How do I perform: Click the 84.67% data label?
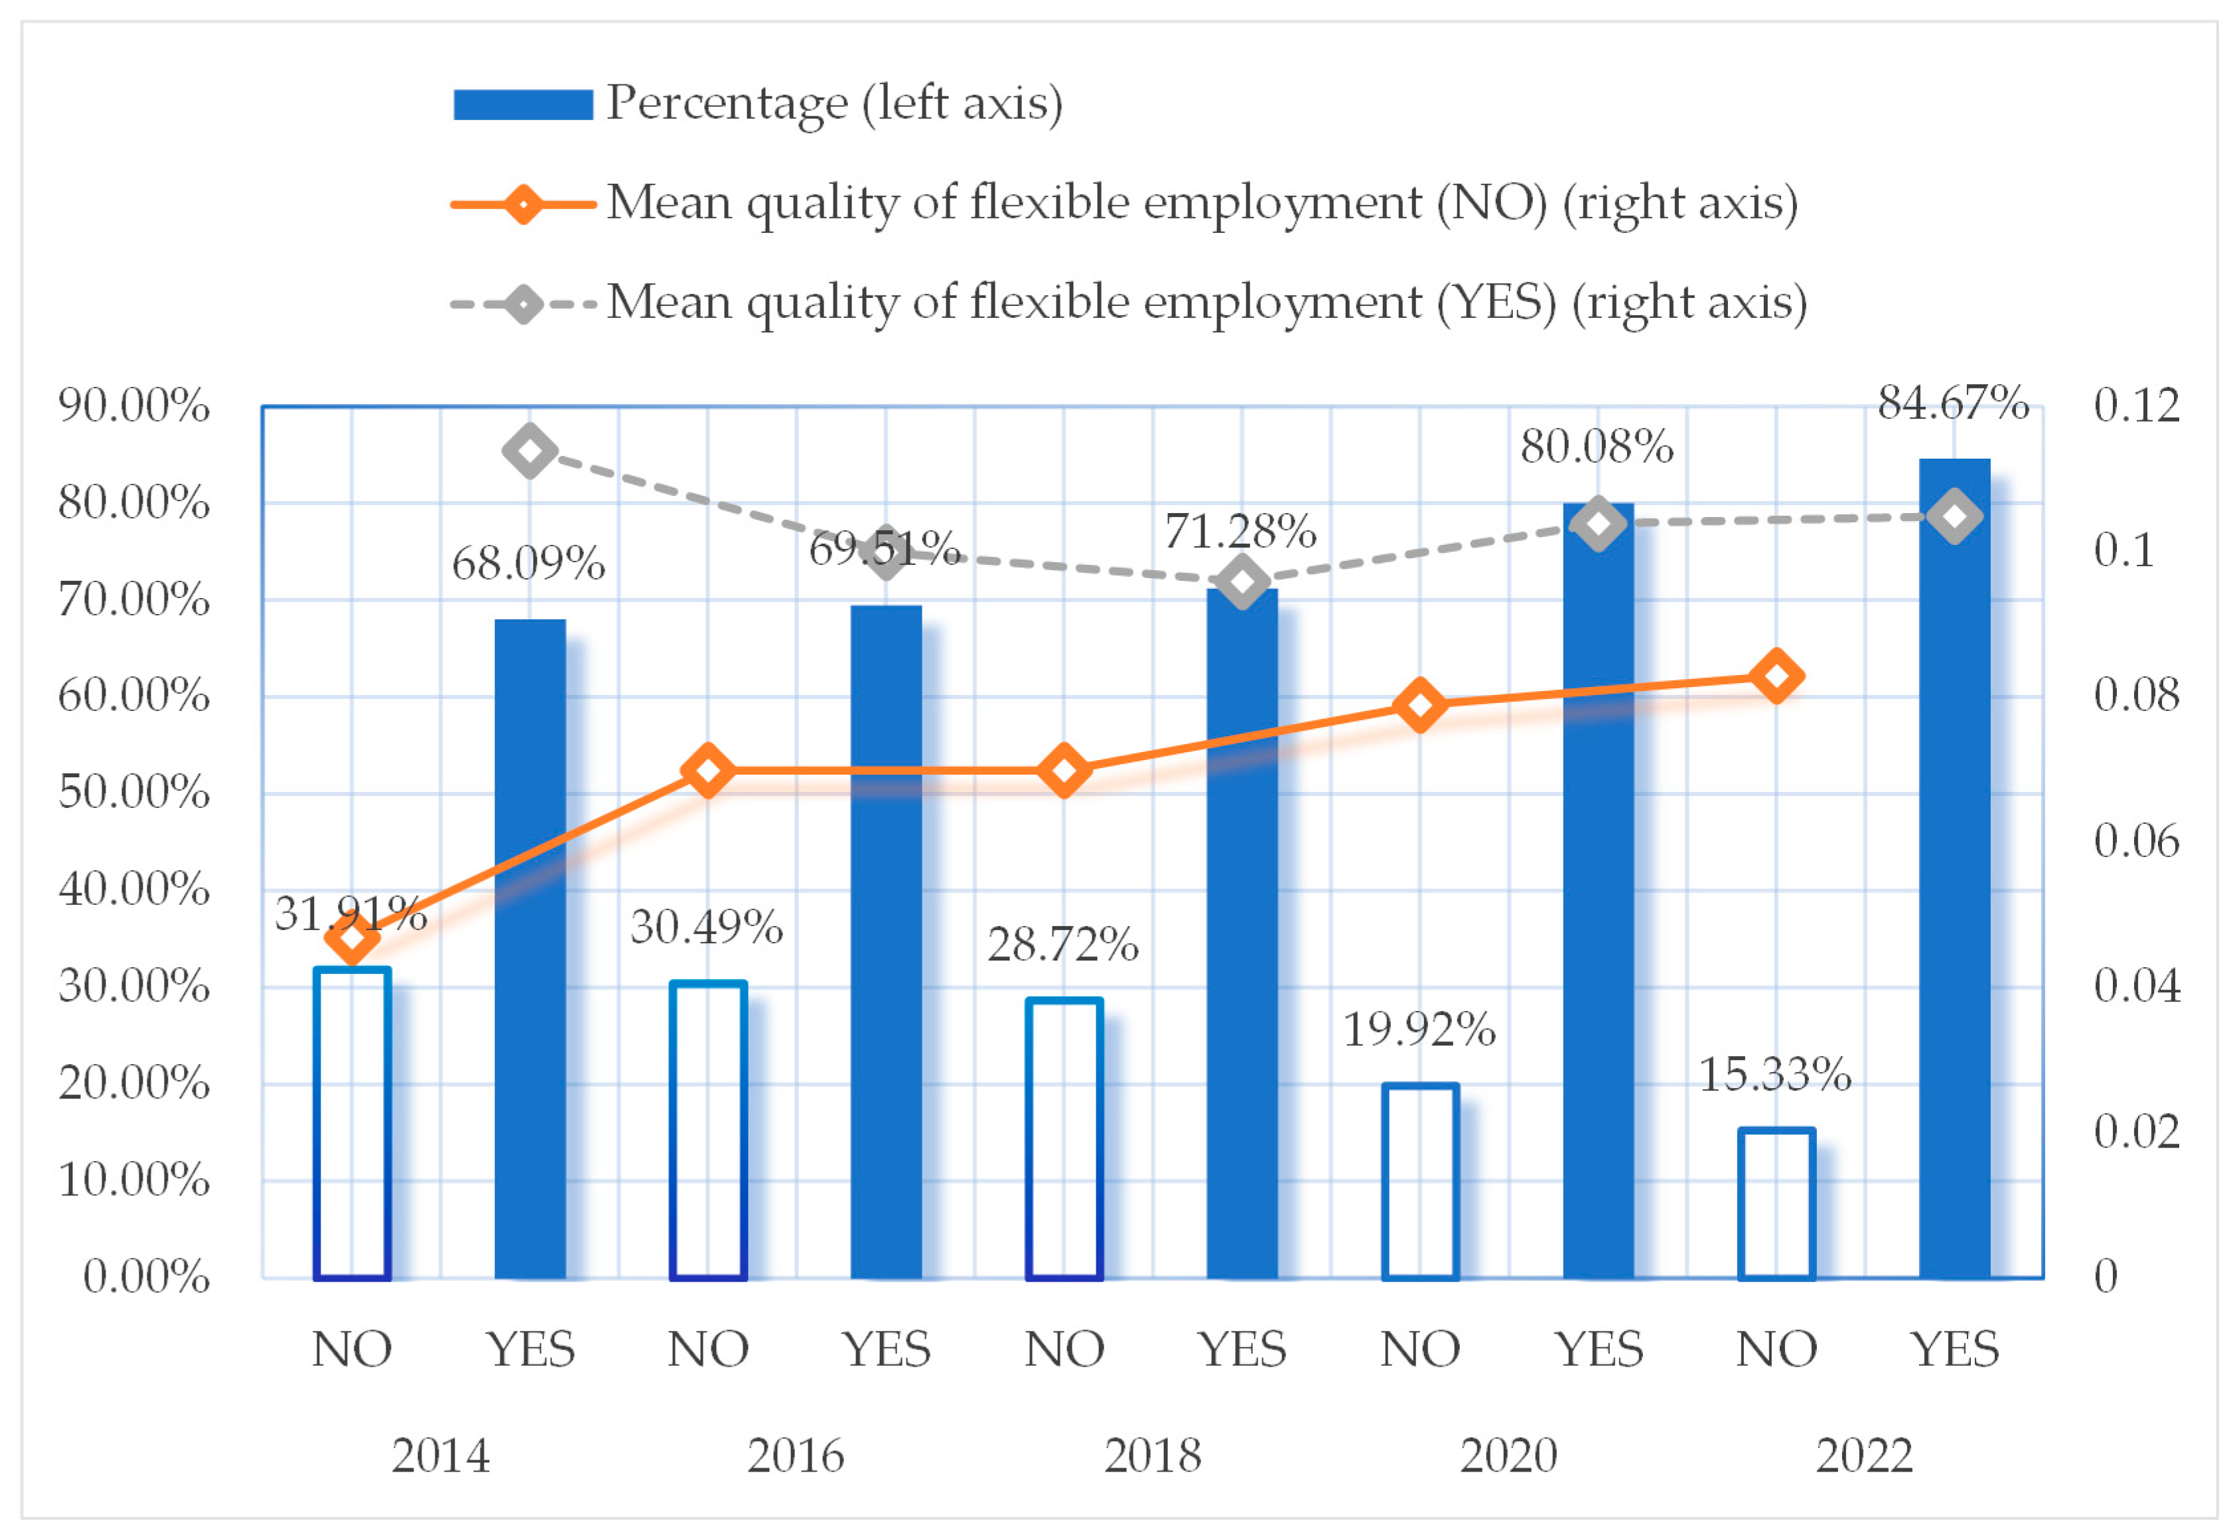coord(1952,403)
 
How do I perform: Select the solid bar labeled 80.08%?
coord(1597,894)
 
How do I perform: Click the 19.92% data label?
coord(1419,1030)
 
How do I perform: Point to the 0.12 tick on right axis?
coord(2136,405)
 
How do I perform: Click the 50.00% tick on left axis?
coord(133,793)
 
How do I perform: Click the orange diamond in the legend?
coord(523,204)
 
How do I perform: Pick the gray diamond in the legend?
coord(523,305)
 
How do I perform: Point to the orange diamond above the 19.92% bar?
coord(1419,705)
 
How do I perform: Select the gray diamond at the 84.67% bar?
coord(1954,516)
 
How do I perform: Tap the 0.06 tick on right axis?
coord(2136,842)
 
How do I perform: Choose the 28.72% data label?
coord(1062,945)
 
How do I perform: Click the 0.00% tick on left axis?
coord(146,1277)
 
